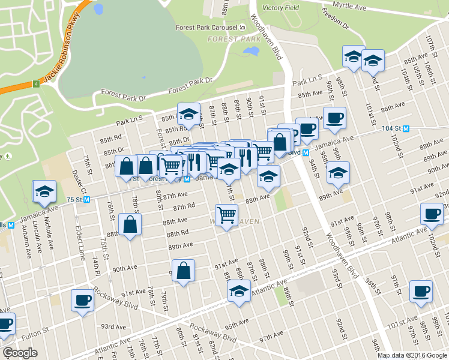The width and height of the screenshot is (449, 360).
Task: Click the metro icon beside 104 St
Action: tap(406, 128)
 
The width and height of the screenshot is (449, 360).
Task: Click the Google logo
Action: tap(20, 353)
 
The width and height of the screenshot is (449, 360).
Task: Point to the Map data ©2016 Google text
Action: tap(412, 355)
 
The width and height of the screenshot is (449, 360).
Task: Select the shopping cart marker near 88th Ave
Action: tap(226, 215)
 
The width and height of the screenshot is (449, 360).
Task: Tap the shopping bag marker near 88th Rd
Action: tap(130, 225)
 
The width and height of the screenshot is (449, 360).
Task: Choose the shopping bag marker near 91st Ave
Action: tap(183, 271)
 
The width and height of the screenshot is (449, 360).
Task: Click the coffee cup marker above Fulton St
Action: tap(82, 300)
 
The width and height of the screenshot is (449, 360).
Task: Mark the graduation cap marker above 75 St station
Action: tap(44, 191)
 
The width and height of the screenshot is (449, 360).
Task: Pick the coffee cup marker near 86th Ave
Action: tap(334, 118)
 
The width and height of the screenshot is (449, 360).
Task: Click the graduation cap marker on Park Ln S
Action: tap(188, 115)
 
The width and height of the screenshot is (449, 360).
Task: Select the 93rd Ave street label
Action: tap(113, 327)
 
